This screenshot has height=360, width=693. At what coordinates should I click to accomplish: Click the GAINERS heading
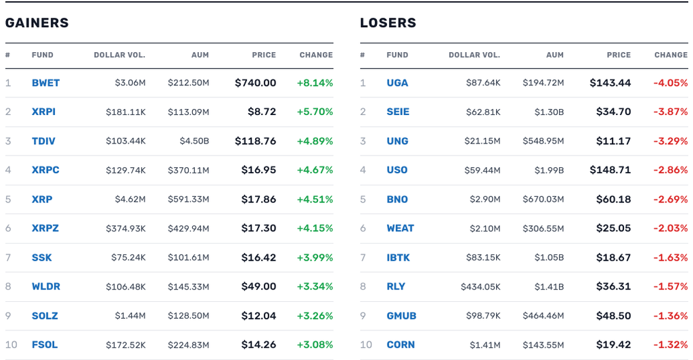(37, 23)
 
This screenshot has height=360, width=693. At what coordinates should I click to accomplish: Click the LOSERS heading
(388, 23)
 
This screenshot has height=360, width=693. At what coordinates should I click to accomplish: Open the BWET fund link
(45, 83)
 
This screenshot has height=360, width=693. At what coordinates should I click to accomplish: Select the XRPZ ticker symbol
(45, 228)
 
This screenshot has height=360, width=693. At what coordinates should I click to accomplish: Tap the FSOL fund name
(45, 345)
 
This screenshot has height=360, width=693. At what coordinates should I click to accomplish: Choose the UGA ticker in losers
(397, 83)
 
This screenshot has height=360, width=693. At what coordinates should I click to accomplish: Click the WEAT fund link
(401, 228)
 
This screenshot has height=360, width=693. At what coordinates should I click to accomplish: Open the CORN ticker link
(401, 345)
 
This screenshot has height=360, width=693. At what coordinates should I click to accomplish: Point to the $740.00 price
(255, 83)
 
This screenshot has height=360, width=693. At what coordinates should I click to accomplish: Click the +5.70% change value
(315, 112)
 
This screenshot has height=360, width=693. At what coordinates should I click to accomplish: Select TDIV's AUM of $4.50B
(194, 141)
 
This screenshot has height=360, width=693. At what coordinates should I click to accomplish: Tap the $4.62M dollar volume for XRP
(131, 200)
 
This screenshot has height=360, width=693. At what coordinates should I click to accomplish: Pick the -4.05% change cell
(671, 83)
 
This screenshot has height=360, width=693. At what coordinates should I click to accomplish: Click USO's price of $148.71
(610, 170)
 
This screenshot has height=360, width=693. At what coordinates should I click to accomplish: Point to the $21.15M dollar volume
(483, 141)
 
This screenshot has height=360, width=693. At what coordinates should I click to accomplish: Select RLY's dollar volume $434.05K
(481, 287)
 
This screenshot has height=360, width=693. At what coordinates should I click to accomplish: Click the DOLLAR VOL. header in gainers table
(119, 55)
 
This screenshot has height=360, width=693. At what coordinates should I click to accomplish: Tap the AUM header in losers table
(555, 55)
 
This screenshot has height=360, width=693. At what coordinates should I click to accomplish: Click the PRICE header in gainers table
(264, 55)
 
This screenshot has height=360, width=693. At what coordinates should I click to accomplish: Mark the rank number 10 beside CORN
(366, 345)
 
